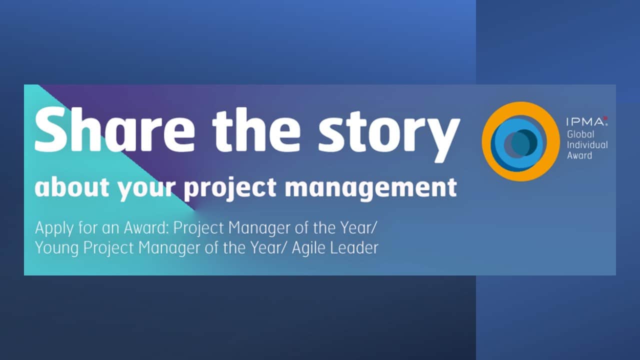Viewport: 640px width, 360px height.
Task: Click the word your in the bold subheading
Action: coord(147,189)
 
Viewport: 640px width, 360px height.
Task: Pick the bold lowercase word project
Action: coord(230,188)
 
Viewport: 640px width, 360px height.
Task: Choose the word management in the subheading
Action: coord(371,189)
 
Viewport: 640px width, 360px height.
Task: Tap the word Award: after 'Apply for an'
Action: coord(146,227)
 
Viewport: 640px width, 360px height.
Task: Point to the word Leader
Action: coord(354,247)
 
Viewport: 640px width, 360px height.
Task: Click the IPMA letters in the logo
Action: coord(584,122)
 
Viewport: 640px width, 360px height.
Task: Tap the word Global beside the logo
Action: coord(580,134)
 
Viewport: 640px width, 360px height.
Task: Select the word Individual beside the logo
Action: coord(587,145)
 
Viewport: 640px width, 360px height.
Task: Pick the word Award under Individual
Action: coord(579,155)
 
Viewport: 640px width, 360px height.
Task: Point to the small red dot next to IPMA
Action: coord(605,118)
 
